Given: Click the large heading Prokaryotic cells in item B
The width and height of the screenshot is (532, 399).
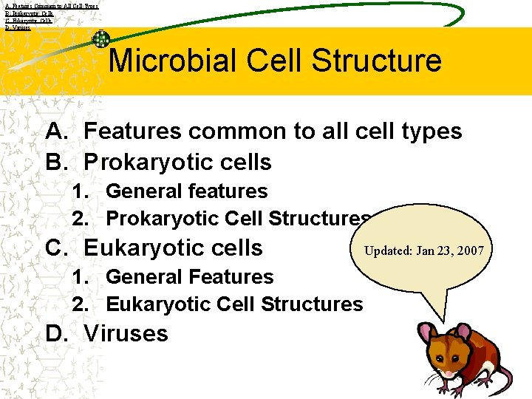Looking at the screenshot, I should click(177, 162).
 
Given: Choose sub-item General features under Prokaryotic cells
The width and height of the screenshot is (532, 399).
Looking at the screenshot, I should click(186, 191).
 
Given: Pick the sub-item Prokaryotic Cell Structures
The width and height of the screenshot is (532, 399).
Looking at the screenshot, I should click(238, 219).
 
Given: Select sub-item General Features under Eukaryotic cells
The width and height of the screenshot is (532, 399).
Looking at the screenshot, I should click(189, 277).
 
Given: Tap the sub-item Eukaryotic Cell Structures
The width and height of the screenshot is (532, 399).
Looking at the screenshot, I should click(234, 304).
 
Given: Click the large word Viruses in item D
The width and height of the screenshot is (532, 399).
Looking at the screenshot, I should click(126, 333).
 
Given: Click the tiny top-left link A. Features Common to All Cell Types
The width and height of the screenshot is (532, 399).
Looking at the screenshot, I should click(50, 5).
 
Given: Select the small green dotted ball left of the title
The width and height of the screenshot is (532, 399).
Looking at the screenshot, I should click(100, 39).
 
